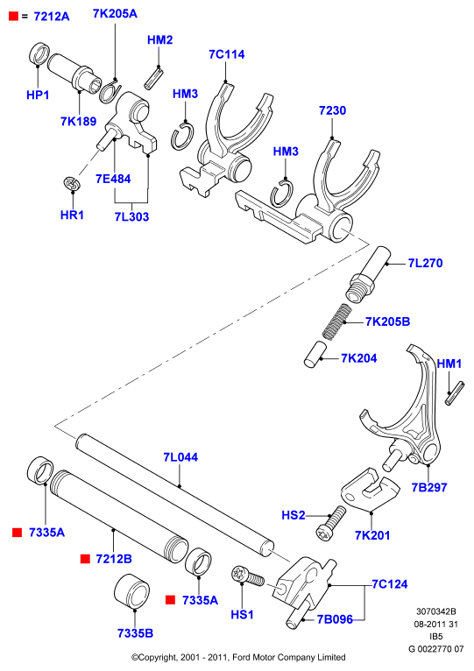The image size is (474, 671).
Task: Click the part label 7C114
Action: tap(227, 54)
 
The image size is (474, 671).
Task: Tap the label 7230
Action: tap(332, 110)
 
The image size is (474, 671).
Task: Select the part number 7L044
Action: tap(180, 457)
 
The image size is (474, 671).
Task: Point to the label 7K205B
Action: tap(387, 321)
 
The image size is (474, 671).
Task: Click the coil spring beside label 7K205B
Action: tap(336, 321)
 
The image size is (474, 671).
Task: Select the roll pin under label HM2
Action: tap(153, 78)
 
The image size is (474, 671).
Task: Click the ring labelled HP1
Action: tap(39, 54)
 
